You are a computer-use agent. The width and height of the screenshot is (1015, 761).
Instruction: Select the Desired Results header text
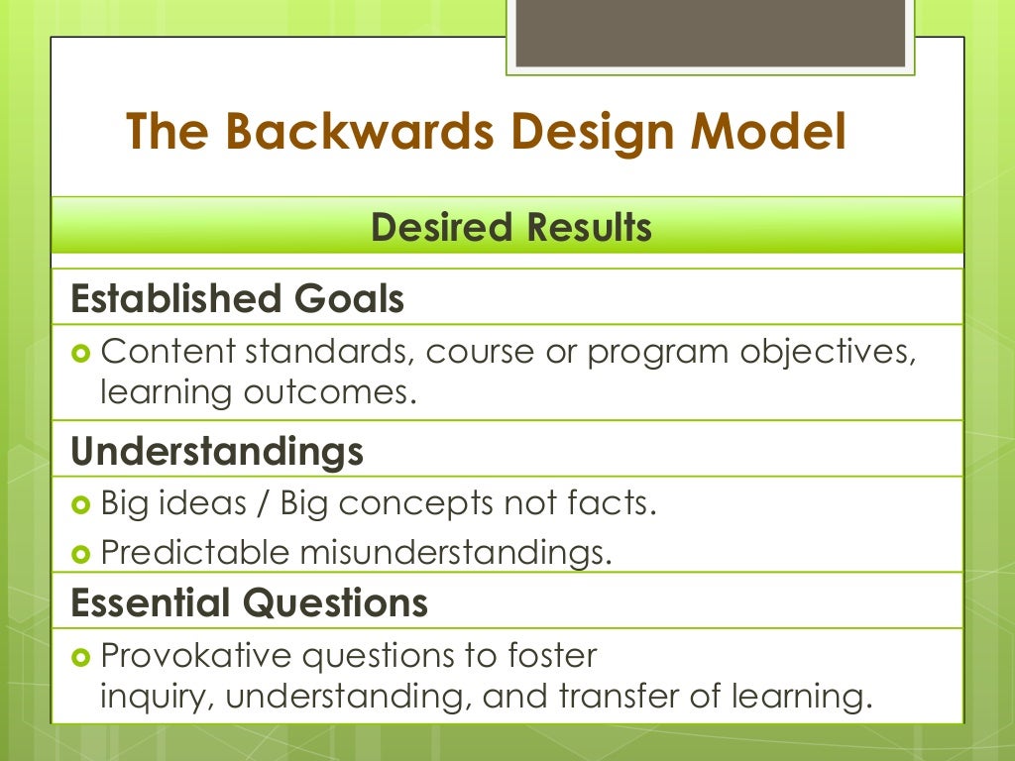tap(510, 228)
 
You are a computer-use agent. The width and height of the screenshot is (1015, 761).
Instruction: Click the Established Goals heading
tap(238, 298)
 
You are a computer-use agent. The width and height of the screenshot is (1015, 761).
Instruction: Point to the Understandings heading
tap(217, 452)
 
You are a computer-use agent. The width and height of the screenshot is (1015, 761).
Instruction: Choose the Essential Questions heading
tap(249, 602)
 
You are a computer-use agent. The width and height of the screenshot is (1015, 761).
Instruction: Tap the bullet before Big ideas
tap(82, 504)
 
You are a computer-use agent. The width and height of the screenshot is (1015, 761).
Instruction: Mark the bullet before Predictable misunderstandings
tap(82, 553)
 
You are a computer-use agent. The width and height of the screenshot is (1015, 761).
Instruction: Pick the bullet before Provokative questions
tap(82, 656)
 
